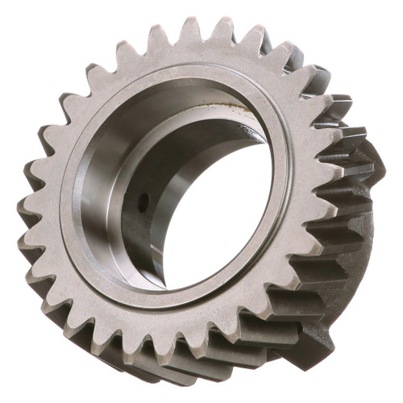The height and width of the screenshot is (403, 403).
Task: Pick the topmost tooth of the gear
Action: tap(189, 28)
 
